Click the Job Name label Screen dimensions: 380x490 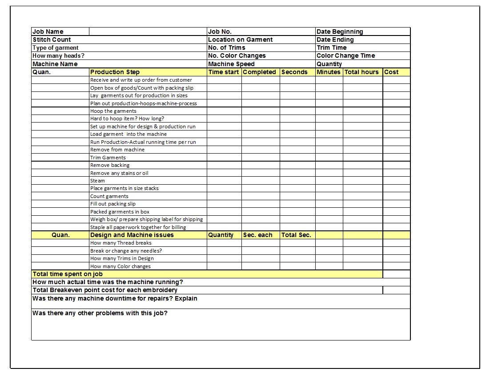(48, 32)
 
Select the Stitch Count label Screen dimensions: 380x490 (52, 40)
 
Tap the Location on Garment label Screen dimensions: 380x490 (240, 40)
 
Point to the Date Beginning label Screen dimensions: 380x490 (340, 32)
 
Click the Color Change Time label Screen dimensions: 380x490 (345, 55)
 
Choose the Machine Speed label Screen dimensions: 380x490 (231, 64)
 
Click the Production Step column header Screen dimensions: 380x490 (115, 72)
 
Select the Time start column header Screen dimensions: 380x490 (224, 72)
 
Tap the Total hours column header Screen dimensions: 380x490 (361, 72)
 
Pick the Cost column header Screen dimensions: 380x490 (391, 72)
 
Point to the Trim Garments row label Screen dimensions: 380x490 (108, 158)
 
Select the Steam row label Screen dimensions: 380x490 (98, 181)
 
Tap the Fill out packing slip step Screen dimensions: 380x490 (113, 204)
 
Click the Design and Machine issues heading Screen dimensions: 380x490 (132, 235)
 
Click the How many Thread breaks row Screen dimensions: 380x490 (121, 243)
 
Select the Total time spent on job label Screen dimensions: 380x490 (68, 274)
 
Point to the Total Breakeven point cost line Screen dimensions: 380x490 (105, 290)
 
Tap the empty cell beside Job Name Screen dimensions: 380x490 (148, 32)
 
